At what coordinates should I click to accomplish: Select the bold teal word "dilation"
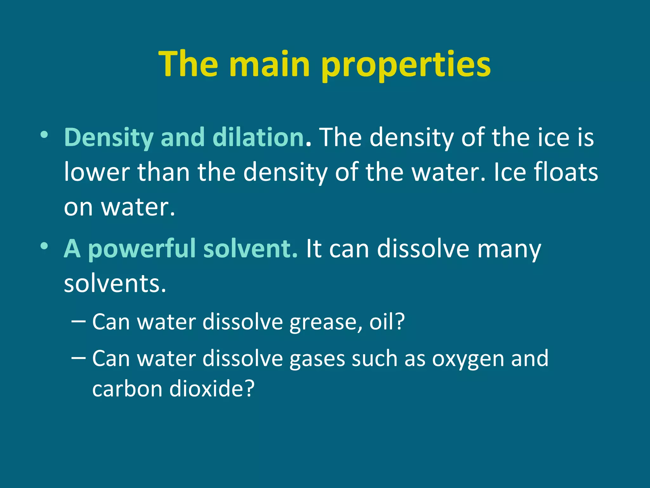258,137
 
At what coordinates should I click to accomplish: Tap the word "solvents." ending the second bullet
115,283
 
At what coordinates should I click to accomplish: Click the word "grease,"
325,322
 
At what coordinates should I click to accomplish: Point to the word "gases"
317,359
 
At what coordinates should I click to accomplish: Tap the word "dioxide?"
212,388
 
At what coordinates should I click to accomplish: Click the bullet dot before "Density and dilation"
44,135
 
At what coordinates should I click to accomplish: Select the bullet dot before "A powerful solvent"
44,246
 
